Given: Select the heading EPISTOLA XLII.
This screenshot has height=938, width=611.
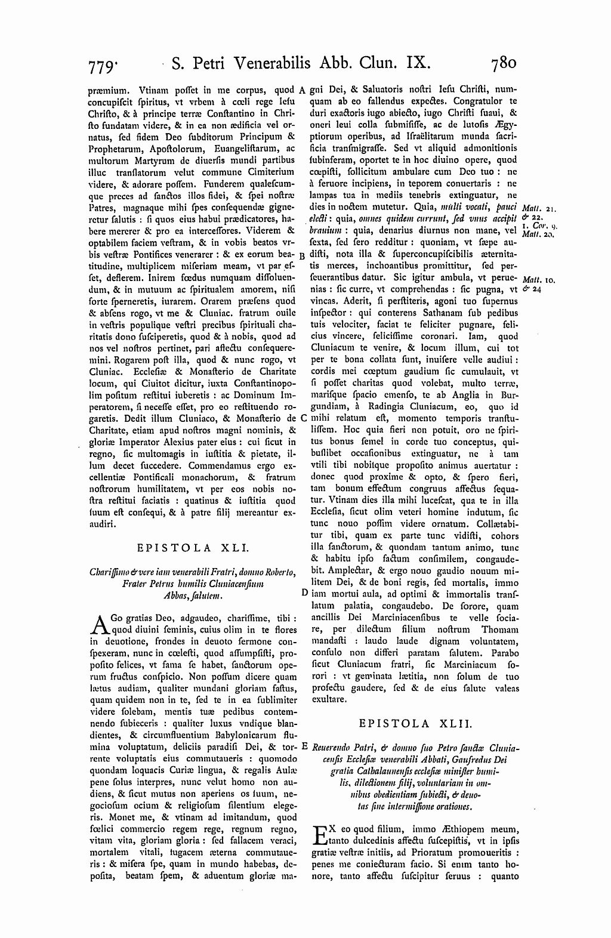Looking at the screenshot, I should coord(415,723).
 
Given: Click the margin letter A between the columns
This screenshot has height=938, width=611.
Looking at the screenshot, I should coord(303,91).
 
